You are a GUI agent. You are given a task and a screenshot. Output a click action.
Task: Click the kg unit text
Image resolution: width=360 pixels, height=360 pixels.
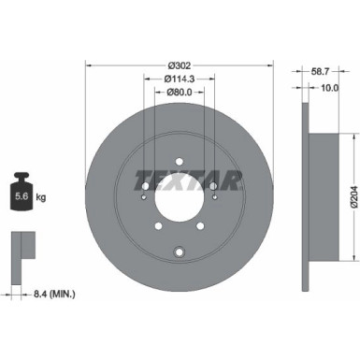coord(42,196)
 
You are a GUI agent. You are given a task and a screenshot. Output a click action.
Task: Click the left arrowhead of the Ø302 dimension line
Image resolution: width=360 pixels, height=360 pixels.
coord(89,65)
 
